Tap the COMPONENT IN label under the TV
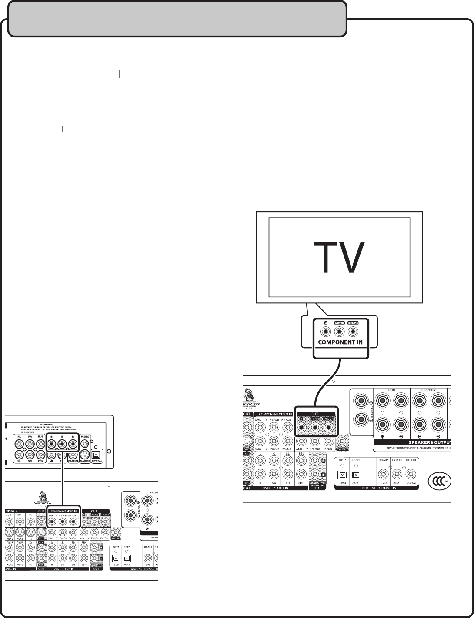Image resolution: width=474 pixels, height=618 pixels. click(340, 342)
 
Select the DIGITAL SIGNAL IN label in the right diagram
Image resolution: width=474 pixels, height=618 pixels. click(376, 488)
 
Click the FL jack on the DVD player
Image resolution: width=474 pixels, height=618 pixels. click(19, 444)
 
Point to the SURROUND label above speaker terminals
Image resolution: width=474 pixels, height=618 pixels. click(428, 390)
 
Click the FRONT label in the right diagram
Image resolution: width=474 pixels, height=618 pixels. click(391, 390)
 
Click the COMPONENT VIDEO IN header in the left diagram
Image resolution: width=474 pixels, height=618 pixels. click(64, 512)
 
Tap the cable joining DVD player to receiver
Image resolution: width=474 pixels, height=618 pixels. click(63, 482)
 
